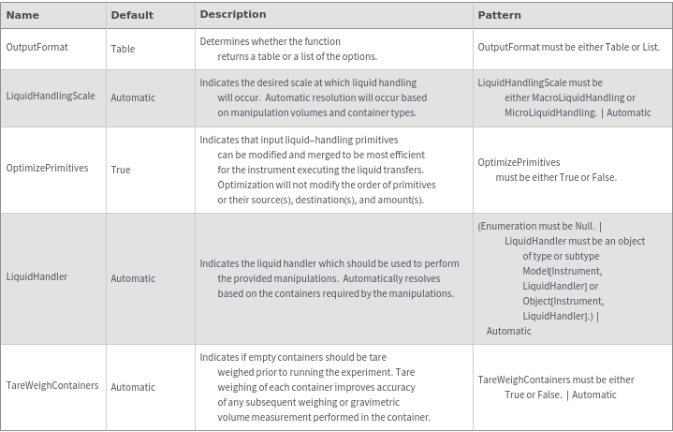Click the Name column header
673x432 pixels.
(x=22, y=15)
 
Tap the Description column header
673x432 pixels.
(x=233, y=15)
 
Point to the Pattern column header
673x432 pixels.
(x=499, y=15)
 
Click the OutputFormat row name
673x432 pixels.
(x=37, y=47)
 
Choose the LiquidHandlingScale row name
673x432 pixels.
(x=51, y=97)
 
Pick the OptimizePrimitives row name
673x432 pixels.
(x=47, y=169)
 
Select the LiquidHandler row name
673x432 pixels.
(x=37, y=277)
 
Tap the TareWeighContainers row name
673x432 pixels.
(x=52, y=386)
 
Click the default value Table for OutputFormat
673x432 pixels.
(x=123, y=48)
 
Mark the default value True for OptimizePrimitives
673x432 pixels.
(x=121, y=170)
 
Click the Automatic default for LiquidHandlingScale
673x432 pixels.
(x=133, y=97)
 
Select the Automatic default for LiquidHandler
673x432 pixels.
(x=133, y=278)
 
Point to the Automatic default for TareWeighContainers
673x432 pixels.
(x=133, y=387)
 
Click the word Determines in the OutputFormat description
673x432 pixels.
(x=225, y=41)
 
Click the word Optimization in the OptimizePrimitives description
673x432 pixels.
(x=246, y=185)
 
